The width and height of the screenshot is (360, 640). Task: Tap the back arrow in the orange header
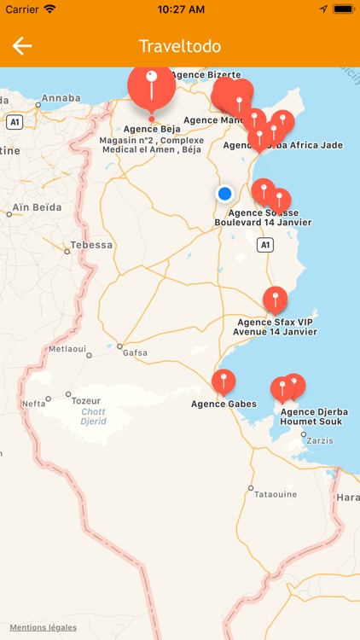pos(22,46)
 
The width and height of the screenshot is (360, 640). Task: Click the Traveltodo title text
pos(180,46)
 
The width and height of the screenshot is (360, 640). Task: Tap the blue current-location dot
pos(225,194)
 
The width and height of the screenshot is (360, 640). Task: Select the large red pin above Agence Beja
pos(151,86)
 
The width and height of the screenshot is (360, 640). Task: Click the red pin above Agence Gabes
pos(224,381)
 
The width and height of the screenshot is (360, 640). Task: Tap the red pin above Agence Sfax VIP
pos(275,300)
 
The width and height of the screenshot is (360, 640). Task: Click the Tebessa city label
pos(91,245)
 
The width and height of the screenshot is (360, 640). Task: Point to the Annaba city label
pos(61,98)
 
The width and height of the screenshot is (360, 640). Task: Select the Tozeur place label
pos(85,400)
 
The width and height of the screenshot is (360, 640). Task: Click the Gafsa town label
pos(135,352)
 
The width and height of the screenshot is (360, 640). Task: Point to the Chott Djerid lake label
pos(94,416)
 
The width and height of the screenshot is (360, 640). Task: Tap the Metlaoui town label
pos(67,349)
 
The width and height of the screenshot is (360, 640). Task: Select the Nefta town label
pos(34,404)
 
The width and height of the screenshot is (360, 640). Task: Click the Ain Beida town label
pos(37,207)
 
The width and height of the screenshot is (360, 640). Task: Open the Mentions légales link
pos(43,627)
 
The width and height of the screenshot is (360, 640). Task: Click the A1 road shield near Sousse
pos(266,245)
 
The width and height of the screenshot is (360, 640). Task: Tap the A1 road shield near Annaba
pos(14,123)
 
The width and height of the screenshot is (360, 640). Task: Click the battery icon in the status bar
pos(344,9)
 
